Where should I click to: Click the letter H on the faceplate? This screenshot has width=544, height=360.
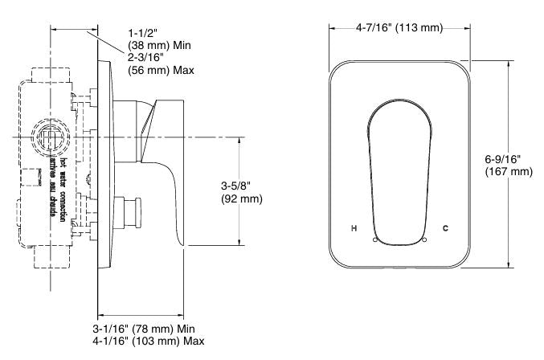point(354,228)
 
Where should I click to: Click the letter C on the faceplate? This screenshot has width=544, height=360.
point(445,228)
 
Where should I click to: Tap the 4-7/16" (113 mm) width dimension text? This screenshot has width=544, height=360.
point(399,28)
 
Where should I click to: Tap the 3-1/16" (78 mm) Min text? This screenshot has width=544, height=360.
point(142,329)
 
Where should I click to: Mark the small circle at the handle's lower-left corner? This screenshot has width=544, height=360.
point(375,239)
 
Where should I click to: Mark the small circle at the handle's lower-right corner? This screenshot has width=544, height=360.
point(423,239)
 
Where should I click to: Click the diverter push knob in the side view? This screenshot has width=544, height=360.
point(130,211)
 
